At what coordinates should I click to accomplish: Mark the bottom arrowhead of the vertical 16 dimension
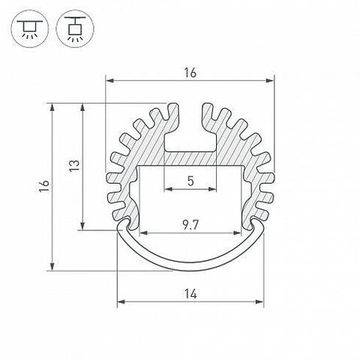(x=50, y=268)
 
